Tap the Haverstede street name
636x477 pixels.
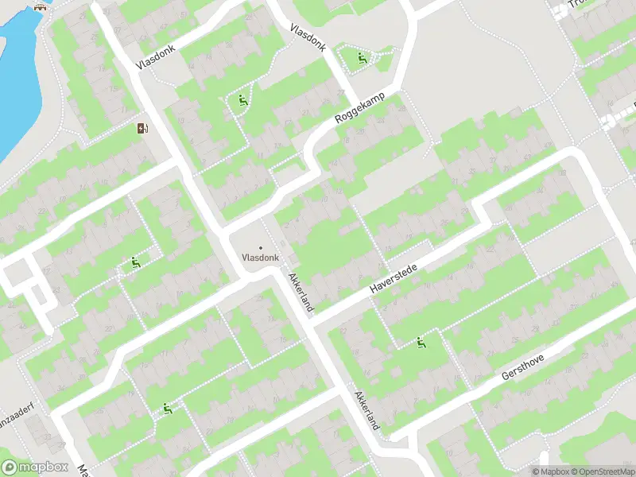pyautogui.click(x=394, y=279)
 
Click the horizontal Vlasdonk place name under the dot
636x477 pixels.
pyautogui.click(x=260, y=258)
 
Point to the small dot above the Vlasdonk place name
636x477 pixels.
pyautogui.click(x=260, y=247)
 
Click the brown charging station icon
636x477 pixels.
pyautogui.click(x=143, y=129)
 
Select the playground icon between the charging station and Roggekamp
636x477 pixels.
pyautogui.click(x=242, y=100)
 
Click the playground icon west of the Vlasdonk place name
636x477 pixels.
pyautogui.click(x=136, y=263)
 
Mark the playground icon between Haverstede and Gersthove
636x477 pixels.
pyautogui.click(x=421, y=343)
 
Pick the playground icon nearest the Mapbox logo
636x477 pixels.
pyautogui.click(x=168, y=409)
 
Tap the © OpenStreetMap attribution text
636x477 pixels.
pyautogui.click(x=601, y=471)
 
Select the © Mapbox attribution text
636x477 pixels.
pyautogui.click(x=549, y=471)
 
